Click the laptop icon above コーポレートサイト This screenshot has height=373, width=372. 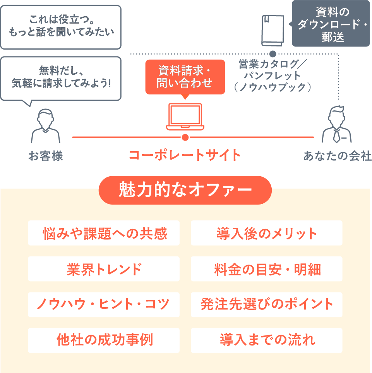[x=185, y=117]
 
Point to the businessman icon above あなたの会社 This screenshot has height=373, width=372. [x=337, y=124]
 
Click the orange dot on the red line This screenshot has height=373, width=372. [x=185, y=137]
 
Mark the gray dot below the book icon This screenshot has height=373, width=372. [x=273, y=53]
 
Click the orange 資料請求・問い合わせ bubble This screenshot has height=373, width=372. [x=185, y=77]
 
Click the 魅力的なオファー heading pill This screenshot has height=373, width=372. [x=185, y=190]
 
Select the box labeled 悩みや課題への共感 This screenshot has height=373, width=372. [x=104, y=233]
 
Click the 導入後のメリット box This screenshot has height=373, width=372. [x=267, y=233]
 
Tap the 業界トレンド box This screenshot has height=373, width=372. [x=104, y=269]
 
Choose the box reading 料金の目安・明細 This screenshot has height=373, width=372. [x=267, y=269]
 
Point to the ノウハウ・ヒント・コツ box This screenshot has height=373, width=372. [x=104, y=304]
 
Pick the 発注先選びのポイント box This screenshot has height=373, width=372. [x=267, y=304]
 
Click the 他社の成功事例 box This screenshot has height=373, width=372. [x=104, y=340]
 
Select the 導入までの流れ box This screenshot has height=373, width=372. [x=267, y=340]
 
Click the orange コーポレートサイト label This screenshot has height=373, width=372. [x=185, y=155]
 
